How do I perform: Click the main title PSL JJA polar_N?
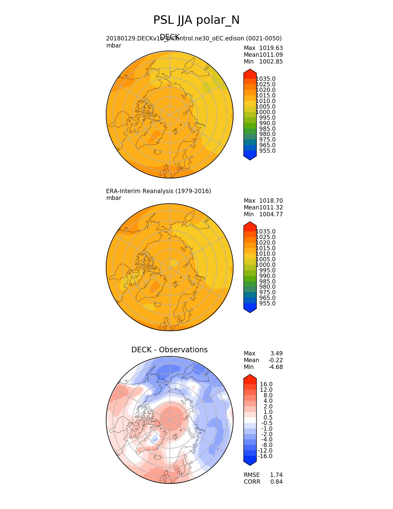[196, 20]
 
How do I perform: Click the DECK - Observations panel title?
[169, 350]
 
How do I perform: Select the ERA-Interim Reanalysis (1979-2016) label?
[158, 191]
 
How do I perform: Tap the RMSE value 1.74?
[276, 475]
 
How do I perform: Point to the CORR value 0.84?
[276, 482]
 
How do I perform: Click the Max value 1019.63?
[271, 48]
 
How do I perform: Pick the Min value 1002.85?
[271, 62]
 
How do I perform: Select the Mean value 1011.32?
[271, 208]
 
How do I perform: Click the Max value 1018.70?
[271, 201]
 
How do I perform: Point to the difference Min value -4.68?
[276, 367]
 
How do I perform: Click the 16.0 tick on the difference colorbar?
[266, 384]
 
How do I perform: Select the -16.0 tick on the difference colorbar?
[265, 456]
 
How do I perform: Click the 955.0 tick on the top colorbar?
[267, 151]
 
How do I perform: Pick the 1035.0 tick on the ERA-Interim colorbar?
[266, 232]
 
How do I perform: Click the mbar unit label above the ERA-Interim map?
[114, 198]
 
